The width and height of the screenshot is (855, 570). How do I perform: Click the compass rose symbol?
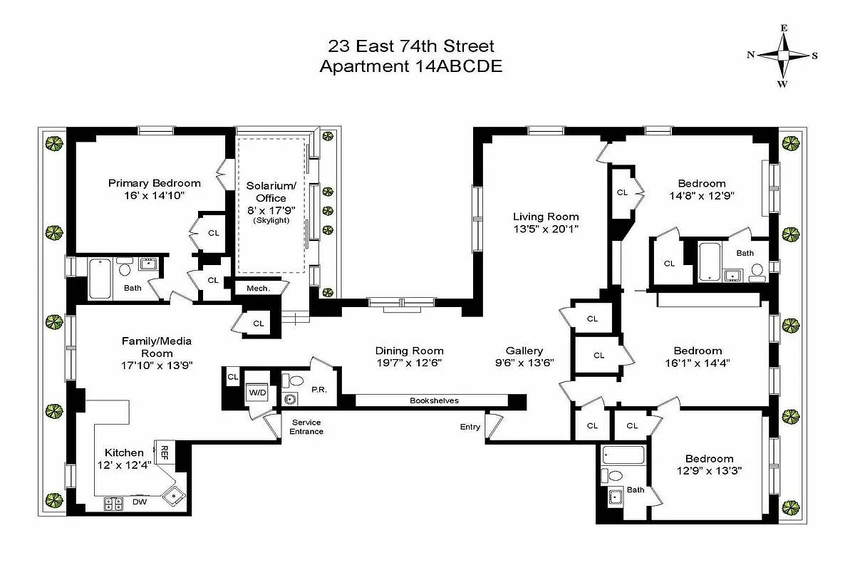click(782, 56)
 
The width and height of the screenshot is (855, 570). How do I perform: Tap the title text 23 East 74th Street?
click(410, 47)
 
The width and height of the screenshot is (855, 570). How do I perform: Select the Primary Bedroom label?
click(155, 183)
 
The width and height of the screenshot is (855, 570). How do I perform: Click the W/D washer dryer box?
click(256, 393)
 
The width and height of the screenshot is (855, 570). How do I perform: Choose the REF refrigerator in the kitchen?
click(164, 452)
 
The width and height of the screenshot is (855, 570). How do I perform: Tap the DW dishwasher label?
click(141, 502)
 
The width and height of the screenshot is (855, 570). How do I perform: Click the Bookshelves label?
click(434, 400)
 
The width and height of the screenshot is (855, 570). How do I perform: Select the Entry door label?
click(470, 427)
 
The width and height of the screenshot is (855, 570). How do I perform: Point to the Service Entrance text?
click(306, 427)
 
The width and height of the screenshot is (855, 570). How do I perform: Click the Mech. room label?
click(258, 289)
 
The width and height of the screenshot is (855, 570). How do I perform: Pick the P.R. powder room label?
click(318, 389)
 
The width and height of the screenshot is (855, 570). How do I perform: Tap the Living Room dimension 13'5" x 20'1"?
click(546, 229)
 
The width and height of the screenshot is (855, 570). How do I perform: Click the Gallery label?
click(524, 351)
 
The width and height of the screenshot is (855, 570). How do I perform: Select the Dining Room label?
click(409, 351)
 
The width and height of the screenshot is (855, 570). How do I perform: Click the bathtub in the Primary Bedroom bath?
click(99, 278)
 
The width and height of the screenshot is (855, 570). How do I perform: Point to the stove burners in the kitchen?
click(113, 503)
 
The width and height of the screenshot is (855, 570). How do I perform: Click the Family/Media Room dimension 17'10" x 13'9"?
click(156, 365)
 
